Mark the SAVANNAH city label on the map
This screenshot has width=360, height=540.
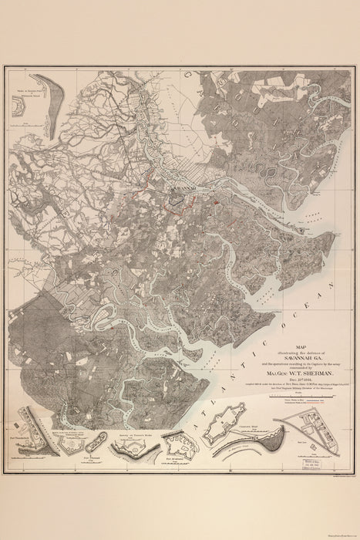[x=182, y=187]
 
